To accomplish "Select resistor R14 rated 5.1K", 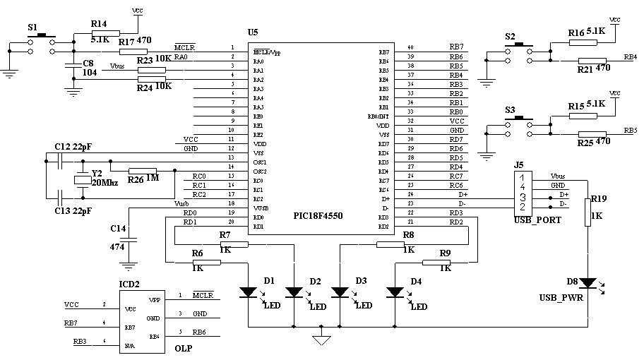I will click(x=106, y=33).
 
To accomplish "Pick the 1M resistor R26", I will click(x=142, y=170).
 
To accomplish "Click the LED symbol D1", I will click(x=248, y=291).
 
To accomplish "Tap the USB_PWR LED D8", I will click(x=587, y=283).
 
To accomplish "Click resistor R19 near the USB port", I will click(x=587, y=212).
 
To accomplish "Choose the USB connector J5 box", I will click(x=523, y=193).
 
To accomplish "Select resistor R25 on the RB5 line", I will click(x=592, y=135).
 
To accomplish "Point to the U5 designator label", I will click(x=253, y=33).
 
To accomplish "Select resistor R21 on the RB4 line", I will click(x=592, y=60).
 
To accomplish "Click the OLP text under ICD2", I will click(x=184, y=348).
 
